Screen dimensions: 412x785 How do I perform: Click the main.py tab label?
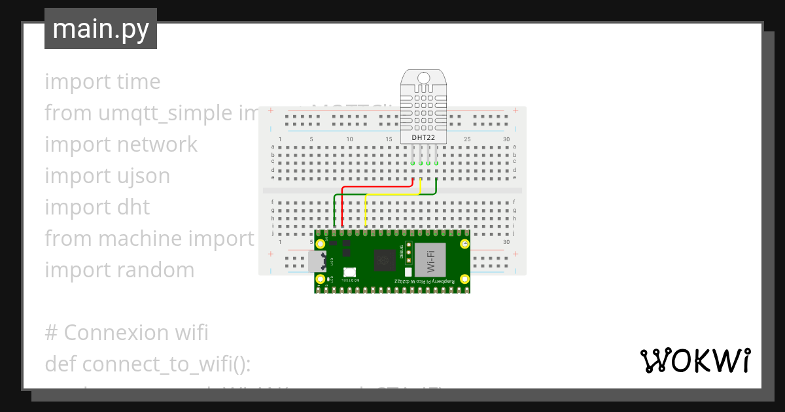tap(101, 29)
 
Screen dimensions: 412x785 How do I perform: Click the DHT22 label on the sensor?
tap(423, 138)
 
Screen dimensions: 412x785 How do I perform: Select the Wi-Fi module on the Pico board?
tap(431, 260)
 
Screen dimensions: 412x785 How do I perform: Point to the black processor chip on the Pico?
tap(384, 262)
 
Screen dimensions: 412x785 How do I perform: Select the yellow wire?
tap(392, 194)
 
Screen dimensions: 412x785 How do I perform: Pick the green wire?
tap(386, 194)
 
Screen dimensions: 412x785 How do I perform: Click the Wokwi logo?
tap(695, 360)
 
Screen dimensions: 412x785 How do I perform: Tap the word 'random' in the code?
tap(163, 270)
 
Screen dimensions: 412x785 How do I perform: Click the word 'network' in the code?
tap(156, 145)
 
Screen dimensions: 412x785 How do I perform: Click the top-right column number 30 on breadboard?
tap(506, 140)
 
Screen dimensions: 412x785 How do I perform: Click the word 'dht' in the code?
tap(133, 207)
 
